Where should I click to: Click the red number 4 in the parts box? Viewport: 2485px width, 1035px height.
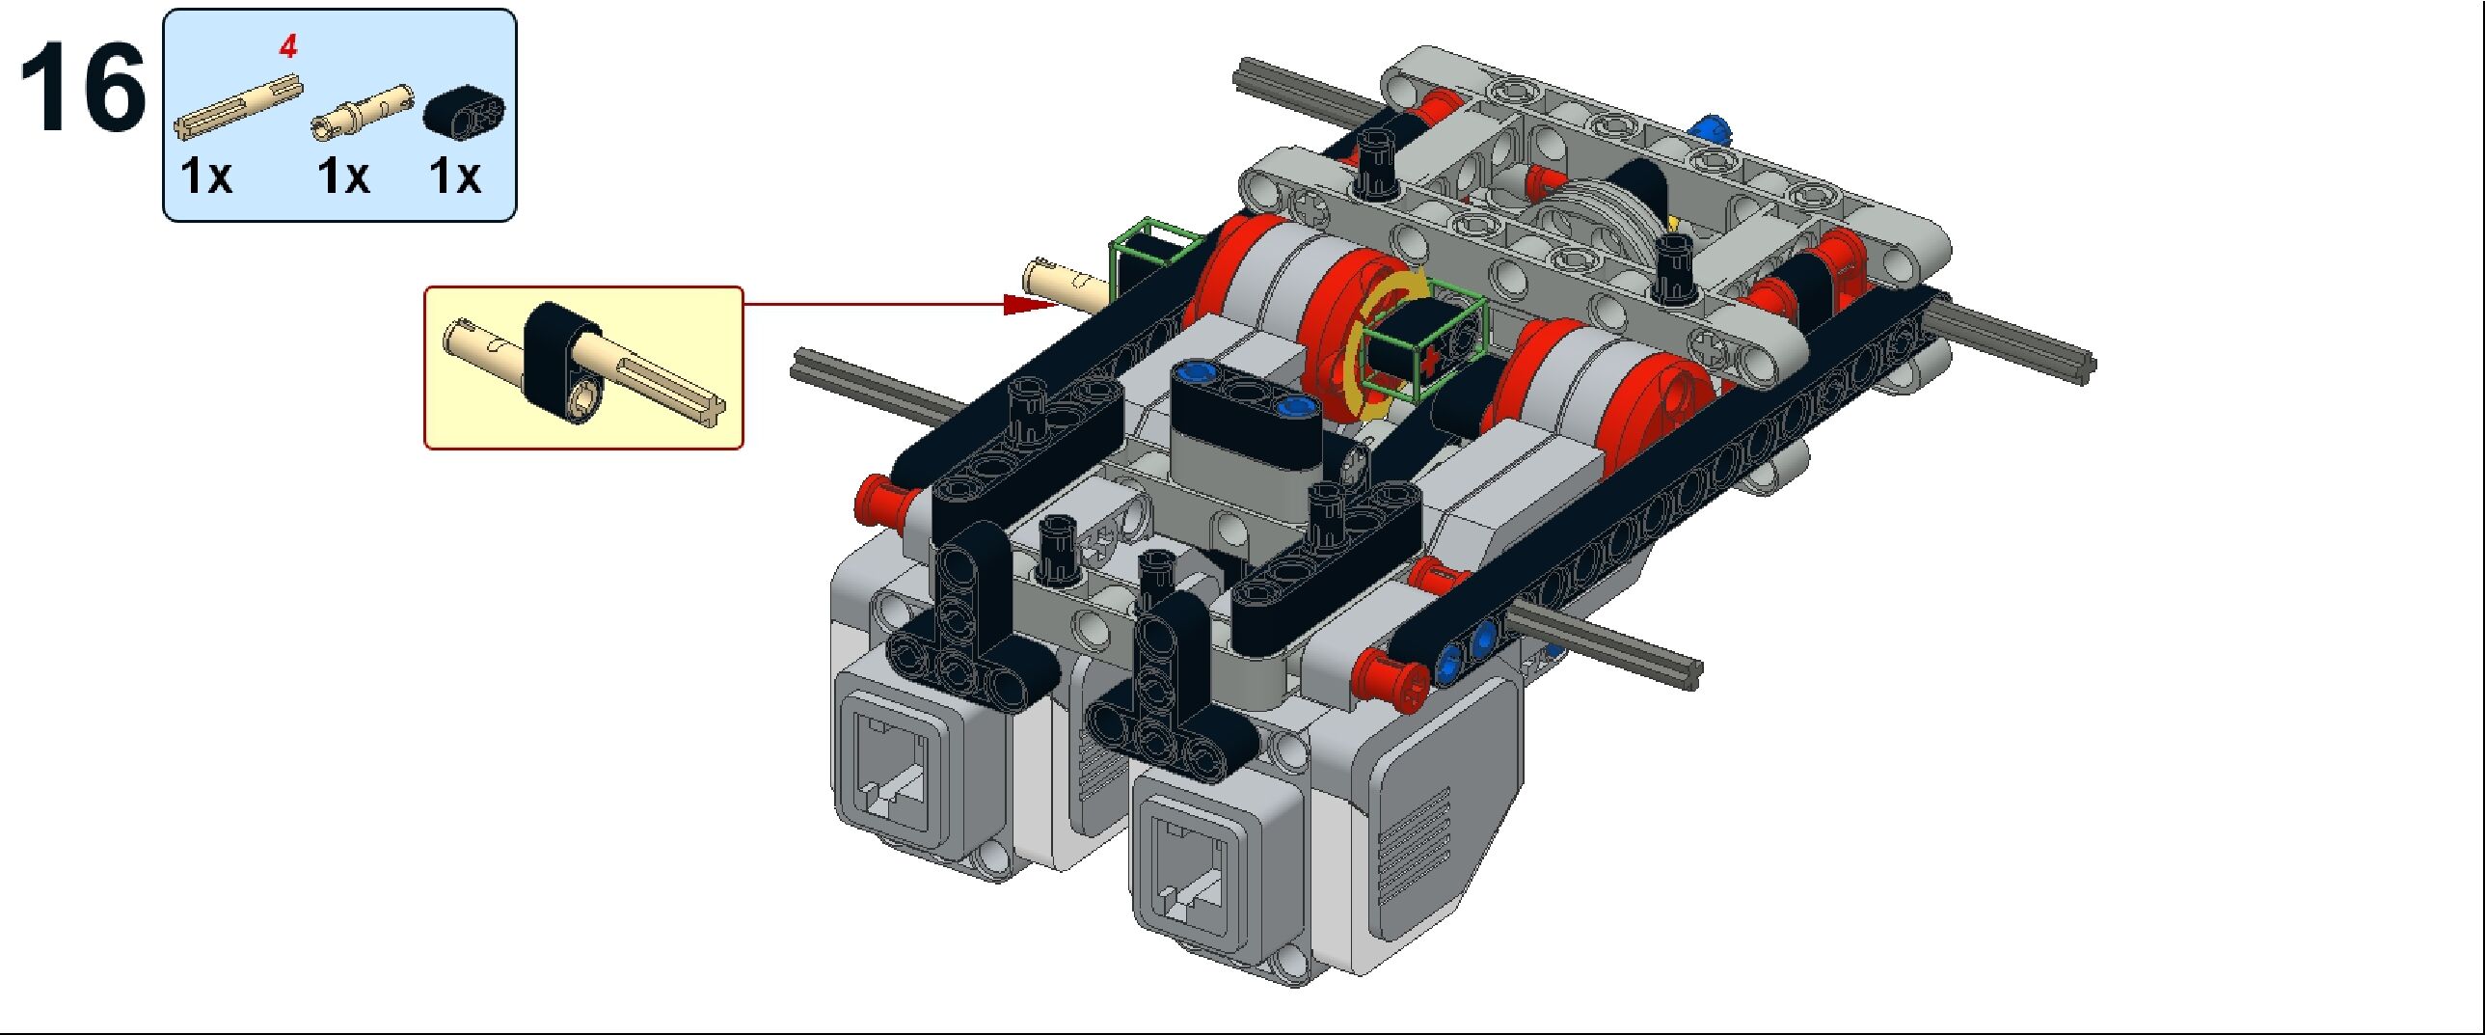click(288, 46)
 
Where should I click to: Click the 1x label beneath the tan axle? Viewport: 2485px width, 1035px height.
click(206, 177)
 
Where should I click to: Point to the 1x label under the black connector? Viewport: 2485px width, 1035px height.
click(454, 177)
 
